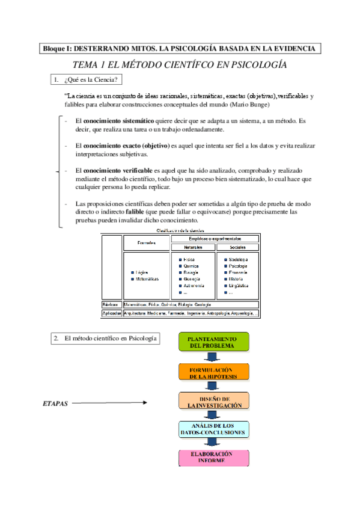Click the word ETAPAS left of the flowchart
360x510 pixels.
pos(56,404)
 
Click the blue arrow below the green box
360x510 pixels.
pos(213,357)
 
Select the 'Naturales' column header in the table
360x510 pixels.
pos(192,248)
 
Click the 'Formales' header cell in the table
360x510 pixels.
pos(146,243)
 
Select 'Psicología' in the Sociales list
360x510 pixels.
pos(240,266)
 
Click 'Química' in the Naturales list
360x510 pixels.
pos(192,266)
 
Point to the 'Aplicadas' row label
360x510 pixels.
pos(111,313)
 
